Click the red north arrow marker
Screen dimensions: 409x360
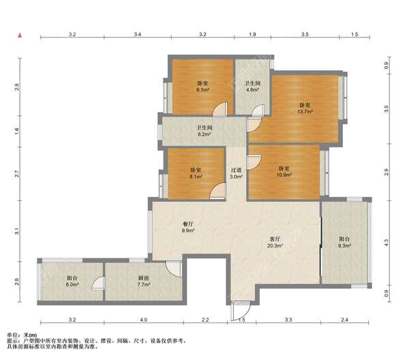point(20,35)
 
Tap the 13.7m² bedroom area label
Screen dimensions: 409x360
point(305,108)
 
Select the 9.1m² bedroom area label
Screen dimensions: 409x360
point(202,87)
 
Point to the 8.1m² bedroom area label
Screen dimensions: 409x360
point(196,173)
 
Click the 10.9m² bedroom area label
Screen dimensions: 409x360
point(284,171)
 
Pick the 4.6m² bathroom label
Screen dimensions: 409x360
point(252,87)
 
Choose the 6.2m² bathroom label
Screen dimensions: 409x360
point(204,131)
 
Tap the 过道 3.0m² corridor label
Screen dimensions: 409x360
point(237,173)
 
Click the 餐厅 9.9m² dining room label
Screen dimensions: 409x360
point(188,227)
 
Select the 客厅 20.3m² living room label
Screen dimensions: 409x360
point(275,242)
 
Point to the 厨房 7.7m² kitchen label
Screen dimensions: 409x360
point(143,281)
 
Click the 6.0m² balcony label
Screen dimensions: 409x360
point(72,281)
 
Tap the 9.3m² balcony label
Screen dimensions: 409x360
point(344,242)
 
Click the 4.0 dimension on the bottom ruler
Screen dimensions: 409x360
point(144,320)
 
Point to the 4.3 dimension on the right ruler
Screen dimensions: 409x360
point(387,243)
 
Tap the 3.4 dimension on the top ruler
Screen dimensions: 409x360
point(138,34)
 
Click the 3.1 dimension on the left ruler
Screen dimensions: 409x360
point(17,231)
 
